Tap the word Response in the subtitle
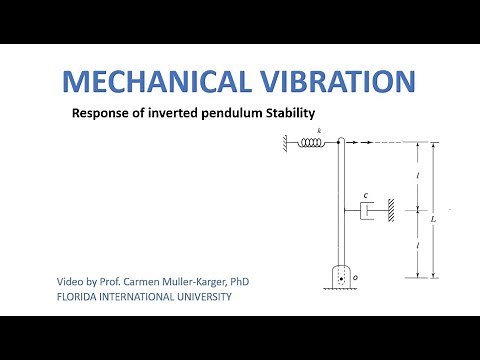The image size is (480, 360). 100,115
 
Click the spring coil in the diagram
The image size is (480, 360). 312,143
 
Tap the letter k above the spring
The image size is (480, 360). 318,131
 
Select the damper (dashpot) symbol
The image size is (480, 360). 367,210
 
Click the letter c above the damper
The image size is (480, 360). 367,196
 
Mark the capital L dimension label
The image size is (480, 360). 432,216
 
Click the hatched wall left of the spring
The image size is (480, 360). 290,143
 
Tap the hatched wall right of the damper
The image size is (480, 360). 395,210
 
